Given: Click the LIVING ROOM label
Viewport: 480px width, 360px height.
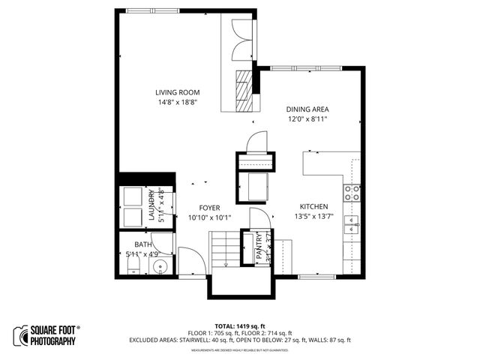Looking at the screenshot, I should pos(178,92).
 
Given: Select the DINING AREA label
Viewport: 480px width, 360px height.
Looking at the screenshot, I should pos(308,109).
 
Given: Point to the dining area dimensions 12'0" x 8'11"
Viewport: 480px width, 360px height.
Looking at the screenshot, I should pos(308,118).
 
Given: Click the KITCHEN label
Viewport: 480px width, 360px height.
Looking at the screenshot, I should pos(313,207).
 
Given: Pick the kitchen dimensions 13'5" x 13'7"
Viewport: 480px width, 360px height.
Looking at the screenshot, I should pos(313,217).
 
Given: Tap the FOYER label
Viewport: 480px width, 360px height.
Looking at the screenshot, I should pos(209,208).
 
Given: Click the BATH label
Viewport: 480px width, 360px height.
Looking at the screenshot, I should pos(142,244).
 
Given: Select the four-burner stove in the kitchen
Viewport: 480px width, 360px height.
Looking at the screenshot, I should pos(350,193).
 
